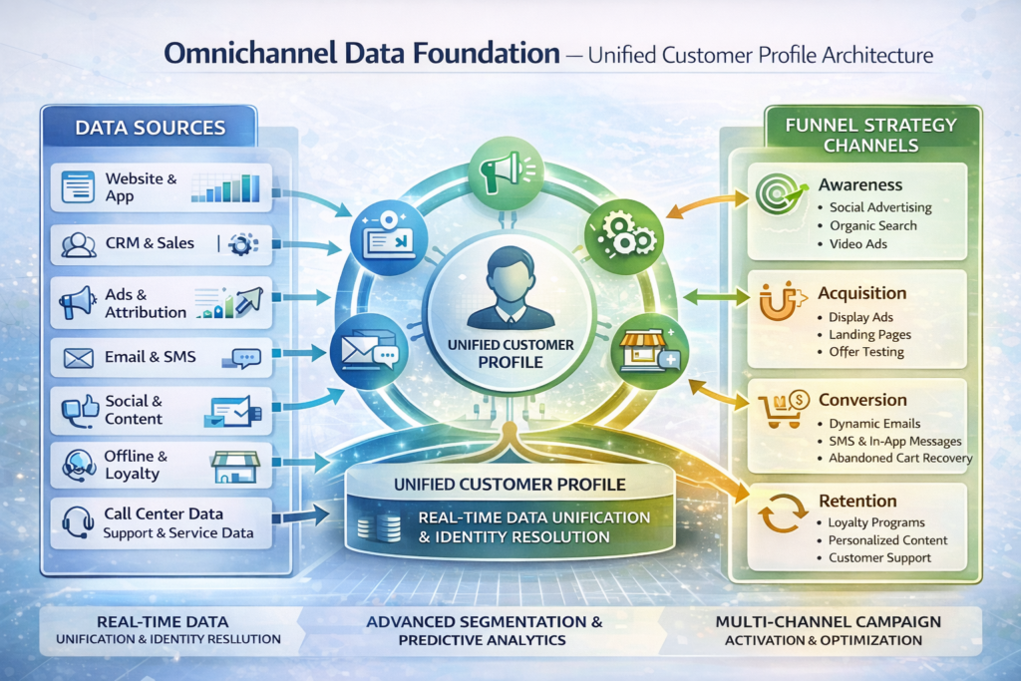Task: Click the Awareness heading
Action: (x=859, y=184)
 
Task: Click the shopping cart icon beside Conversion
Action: (x=779, y=411)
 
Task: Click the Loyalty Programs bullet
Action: (x=876, y=522)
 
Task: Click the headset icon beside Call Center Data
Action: (x=78, y=522)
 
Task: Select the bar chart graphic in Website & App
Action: (x=225, y=186)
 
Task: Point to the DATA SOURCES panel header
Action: (x=150, y=128)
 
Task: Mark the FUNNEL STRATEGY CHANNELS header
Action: (x=870, y=135)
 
